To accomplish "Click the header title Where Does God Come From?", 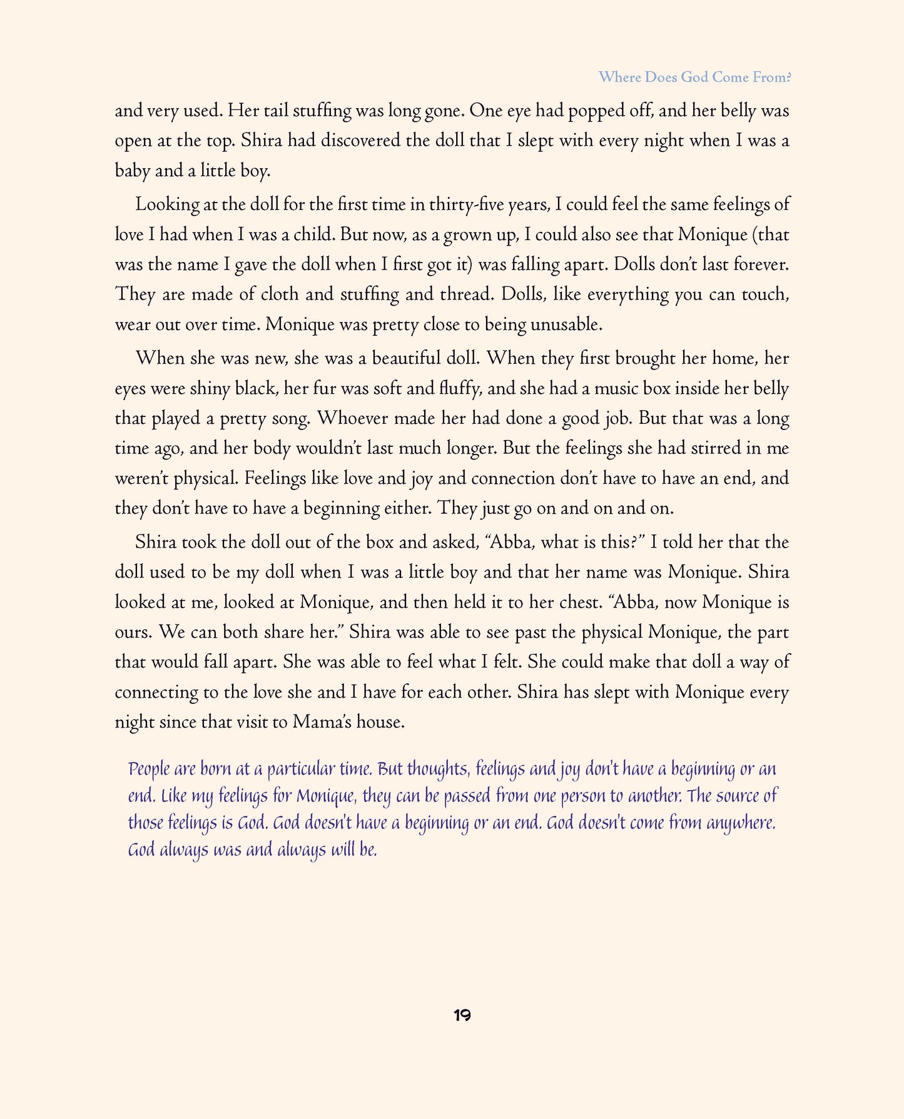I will coord(694,78).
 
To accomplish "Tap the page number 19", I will coord(462,1015).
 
